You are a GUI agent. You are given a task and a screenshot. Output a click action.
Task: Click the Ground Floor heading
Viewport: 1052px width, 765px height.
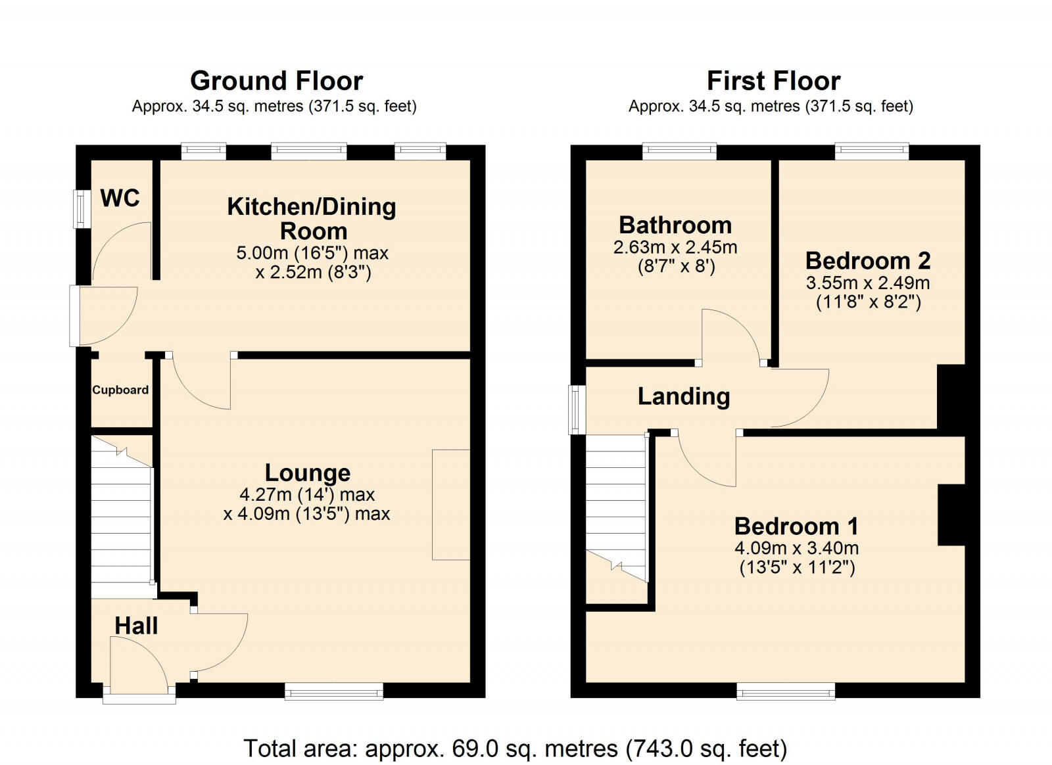point(276,81)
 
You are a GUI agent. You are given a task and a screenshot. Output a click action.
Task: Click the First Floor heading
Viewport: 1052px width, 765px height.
point(773,81)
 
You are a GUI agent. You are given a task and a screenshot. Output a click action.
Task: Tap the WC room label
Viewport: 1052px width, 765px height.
point(120,198)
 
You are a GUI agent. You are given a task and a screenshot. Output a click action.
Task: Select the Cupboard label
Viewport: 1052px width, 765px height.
point(120,390)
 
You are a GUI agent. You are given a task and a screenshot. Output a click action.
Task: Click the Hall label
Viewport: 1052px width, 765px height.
point(136,626)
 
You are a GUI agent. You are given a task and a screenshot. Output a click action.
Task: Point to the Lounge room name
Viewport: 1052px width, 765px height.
point(307,473)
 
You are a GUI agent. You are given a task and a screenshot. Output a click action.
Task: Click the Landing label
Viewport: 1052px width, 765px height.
point(684,396)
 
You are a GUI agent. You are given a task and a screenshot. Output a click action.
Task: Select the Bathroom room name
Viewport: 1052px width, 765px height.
point(675,225)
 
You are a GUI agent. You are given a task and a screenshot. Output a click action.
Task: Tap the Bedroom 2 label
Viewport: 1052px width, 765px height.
point(868,261)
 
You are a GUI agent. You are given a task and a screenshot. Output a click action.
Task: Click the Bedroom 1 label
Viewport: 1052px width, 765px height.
point(796,526)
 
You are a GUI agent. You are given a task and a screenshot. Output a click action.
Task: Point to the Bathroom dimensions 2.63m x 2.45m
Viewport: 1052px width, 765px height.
point(675,248)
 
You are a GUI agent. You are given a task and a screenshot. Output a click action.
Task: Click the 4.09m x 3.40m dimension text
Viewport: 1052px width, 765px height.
point(796,548)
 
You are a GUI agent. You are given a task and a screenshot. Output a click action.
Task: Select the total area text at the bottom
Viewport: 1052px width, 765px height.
point(515,748)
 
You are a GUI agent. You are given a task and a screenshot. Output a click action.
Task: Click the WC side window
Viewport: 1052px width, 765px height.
point(82,209)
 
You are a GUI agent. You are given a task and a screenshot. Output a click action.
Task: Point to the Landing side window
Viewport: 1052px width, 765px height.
point(577,409)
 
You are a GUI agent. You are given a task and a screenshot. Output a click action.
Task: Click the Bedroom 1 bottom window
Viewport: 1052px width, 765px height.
point(786,691)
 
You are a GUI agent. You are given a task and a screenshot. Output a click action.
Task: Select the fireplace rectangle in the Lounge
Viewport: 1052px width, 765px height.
point(451,505)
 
